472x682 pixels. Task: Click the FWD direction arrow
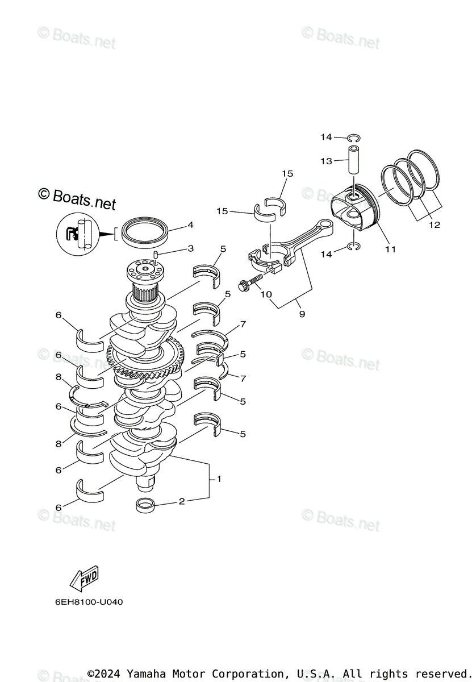point(83,578)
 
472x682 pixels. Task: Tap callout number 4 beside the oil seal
point(190,225)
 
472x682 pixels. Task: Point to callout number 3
point(190,248)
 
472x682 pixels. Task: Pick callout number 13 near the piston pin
point(326,161)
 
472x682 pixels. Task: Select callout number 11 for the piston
point(390,249)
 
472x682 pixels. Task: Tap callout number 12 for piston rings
point(434,225)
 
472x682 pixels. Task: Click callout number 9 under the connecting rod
point(302,314)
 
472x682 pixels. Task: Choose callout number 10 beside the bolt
point(266,294)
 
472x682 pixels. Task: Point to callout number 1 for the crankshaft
point(219,479)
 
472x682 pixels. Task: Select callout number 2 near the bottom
point(181,501)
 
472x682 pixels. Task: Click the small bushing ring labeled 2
point(147,504)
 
